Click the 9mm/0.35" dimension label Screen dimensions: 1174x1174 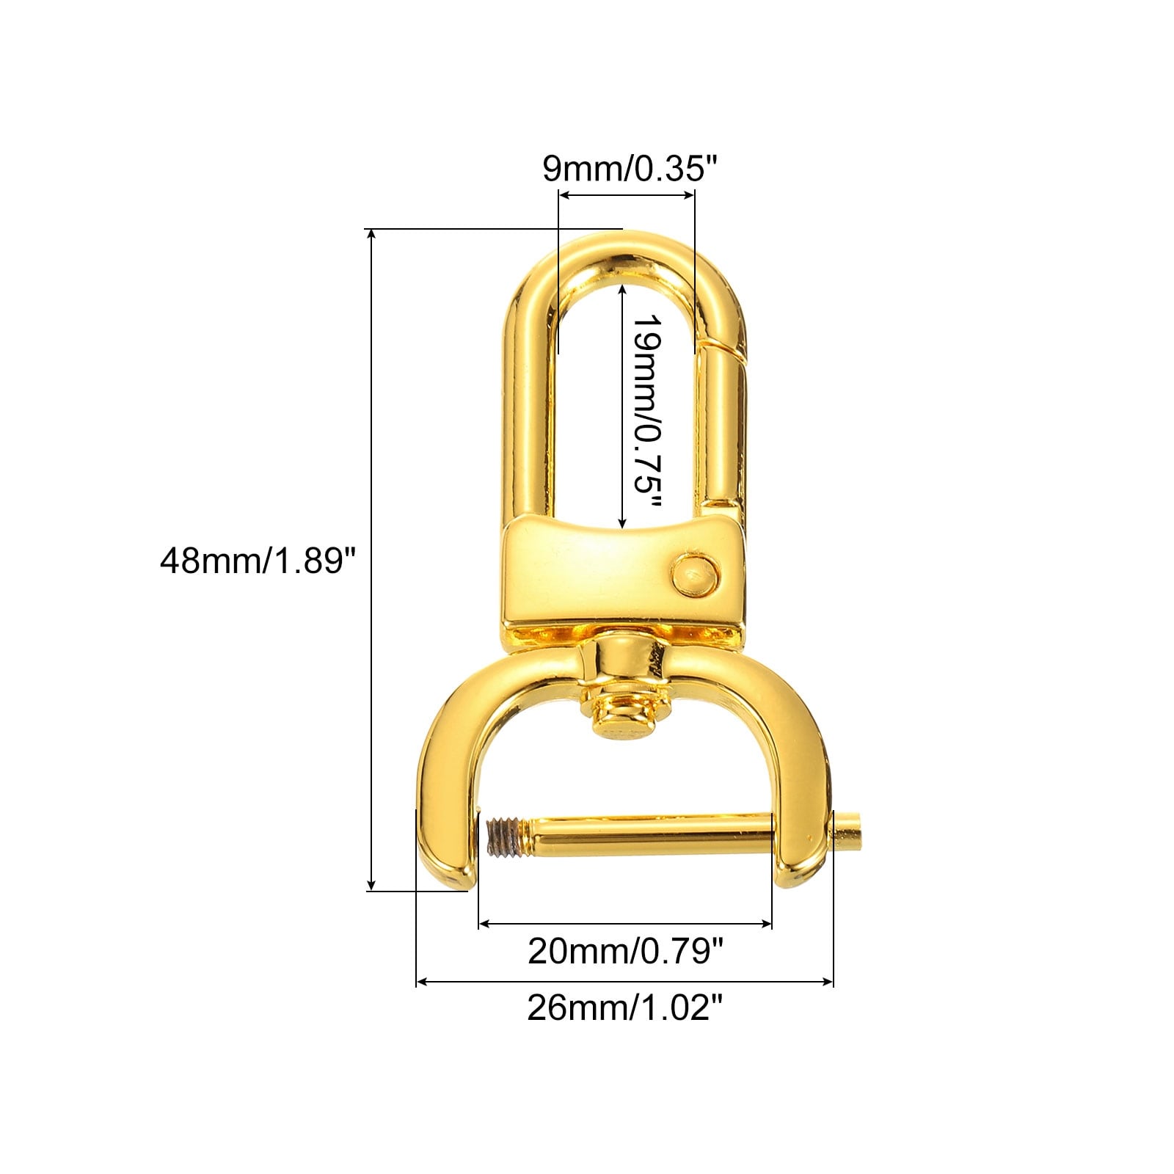point(629,169)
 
